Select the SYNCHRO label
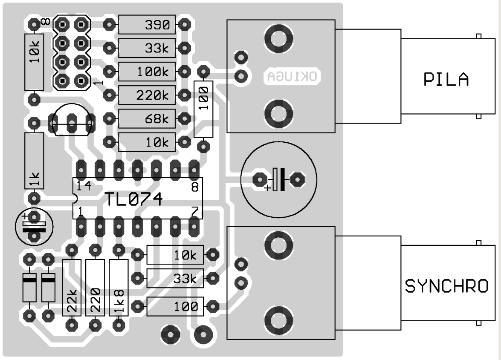click(446, 287)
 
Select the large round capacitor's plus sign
click(267, 189)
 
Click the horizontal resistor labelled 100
click(175, 306)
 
